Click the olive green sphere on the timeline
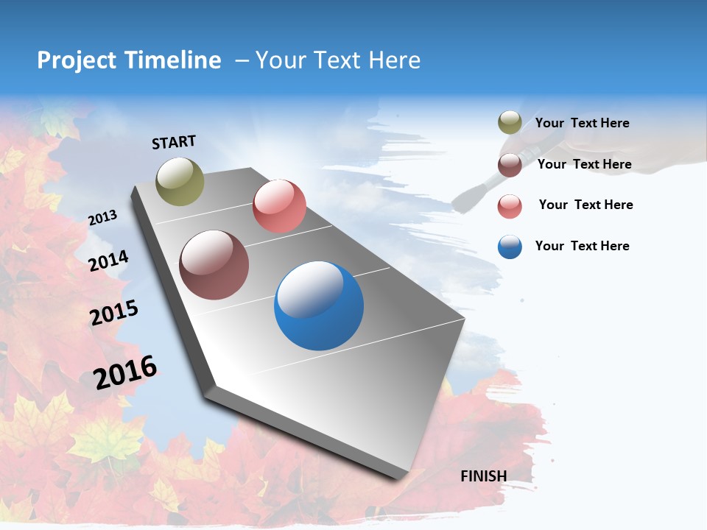[x=180, y=181]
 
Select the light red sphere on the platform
[x=279, y=205]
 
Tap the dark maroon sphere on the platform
[x=214, y=265]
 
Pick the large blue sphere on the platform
[x=319, y=305]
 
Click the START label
[x=174, y=142]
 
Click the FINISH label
[x=484, y=476]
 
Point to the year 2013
[x=102, y=218]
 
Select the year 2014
[x=108, y=261]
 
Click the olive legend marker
[x=510, y=122]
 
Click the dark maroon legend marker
[x=510, y=165]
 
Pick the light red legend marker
[x=510, y=206]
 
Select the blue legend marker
[x=510, y=247]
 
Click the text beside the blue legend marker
[x=582, y=246]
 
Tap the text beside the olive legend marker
[x=582, y=123]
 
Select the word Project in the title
[x=77, y=60]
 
